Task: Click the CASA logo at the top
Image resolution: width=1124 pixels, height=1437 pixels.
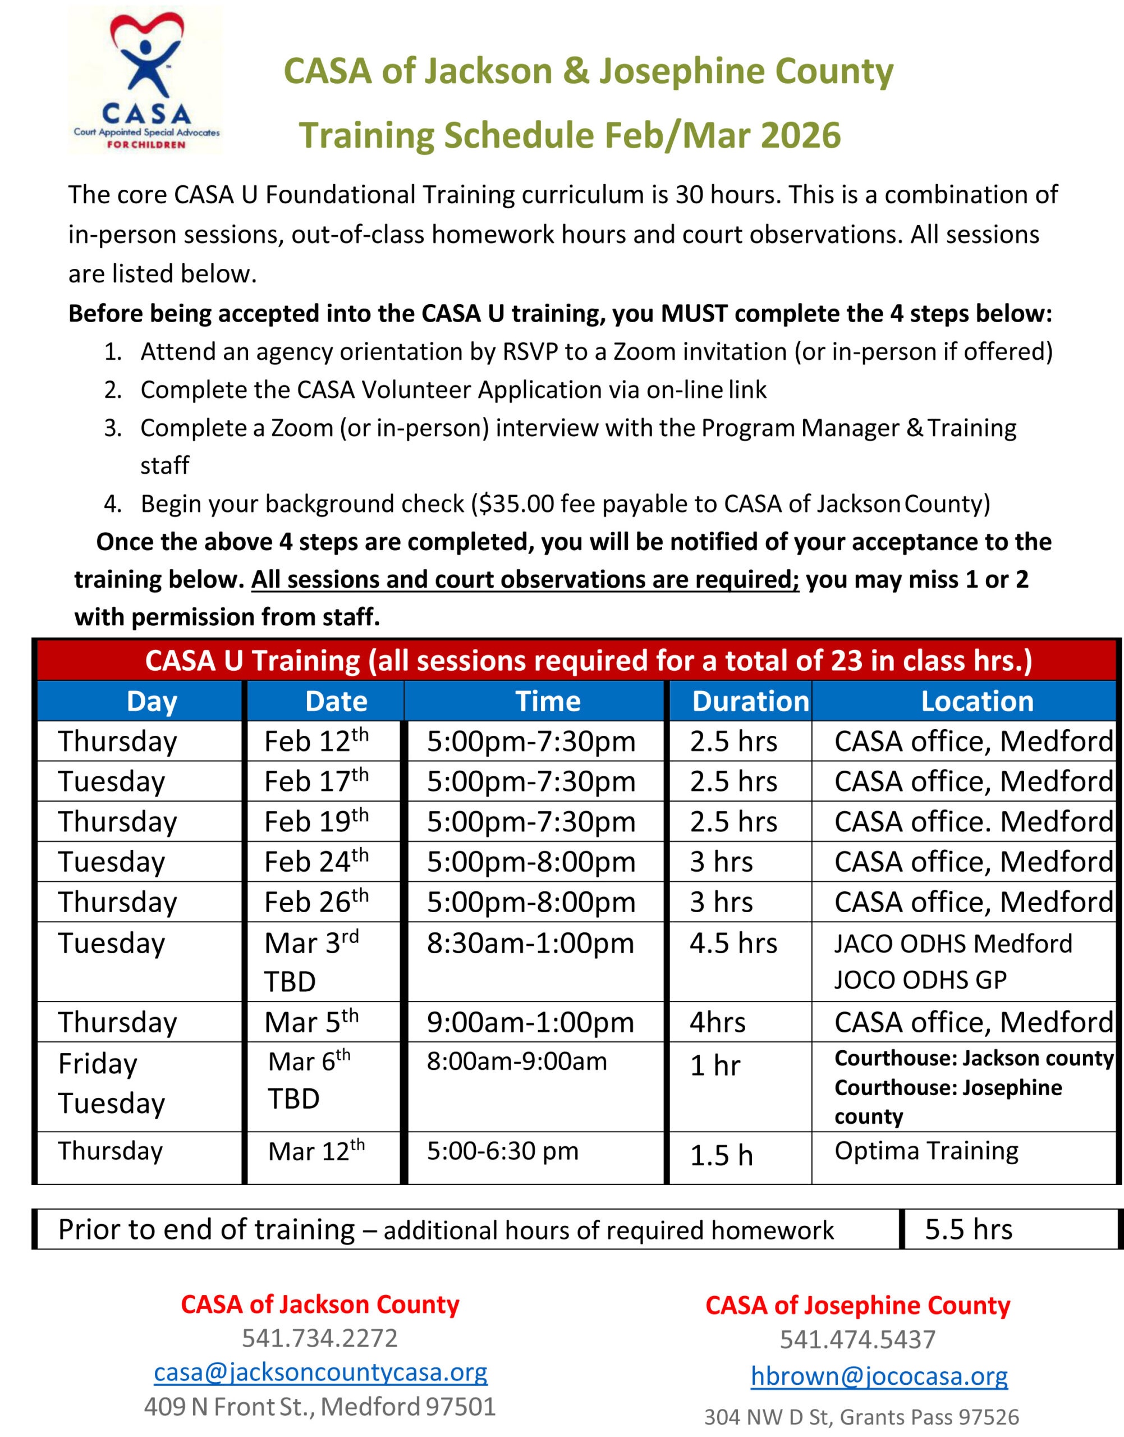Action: [x=145, y=80]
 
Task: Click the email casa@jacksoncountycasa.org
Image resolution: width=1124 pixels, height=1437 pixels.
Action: [x=320, y=1372]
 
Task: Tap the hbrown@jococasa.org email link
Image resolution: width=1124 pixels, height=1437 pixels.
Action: [x=879, y=1376]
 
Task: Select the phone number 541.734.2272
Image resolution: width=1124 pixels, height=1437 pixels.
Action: [x=320, y=1338]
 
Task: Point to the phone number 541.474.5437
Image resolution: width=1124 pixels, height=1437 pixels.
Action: [x=857, y=1339]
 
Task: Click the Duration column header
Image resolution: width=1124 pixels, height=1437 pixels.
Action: [x=750, y=701]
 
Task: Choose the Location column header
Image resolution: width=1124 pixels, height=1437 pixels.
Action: [x=976, y=701]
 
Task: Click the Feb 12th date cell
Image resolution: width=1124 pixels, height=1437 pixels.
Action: [x=316, y=741]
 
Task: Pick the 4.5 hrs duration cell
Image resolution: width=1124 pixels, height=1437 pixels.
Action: [x=733, y=943]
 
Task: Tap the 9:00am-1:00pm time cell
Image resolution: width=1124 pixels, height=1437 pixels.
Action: [x=530, y=1022]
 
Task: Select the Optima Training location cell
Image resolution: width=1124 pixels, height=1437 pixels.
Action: [x=926, y=1151]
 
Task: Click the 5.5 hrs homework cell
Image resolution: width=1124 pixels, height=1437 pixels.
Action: [x=968, y=1229]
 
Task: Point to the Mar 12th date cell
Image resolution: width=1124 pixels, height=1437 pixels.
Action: [x=316, y=1151]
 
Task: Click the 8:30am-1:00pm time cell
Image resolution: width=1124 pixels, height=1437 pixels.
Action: [x=530, y=943]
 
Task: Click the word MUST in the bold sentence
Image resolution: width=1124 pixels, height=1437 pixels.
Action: [x=694, y=313]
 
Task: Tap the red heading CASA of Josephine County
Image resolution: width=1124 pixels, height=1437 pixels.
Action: [x=857, y=1305]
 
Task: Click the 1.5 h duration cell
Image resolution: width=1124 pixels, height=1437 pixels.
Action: [x=721, y=1155]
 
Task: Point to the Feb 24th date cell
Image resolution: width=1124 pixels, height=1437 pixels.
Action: [x=316, y=862]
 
